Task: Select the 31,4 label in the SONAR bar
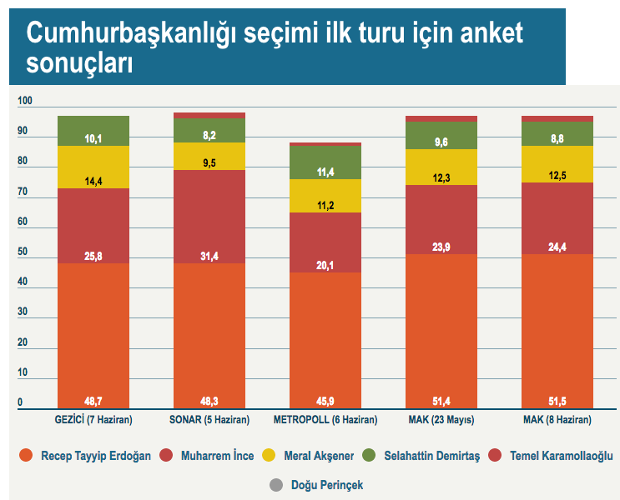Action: pyautogui.click(x=209, y=255)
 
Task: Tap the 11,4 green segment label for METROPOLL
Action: pyautogui.click(x=325, y=172)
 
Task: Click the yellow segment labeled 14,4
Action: pyautogui.click(x=93, y=180)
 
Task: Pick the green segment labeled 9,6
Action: pyautogui.click(x=441, y=142)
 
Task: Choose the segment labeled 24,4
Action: pyautogui.click(x=557, y=247)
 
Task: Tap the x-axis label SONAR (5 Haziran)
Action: pyautogui.click(x=209, y=419)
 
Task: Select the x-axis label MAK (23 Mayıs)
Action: pyautogui.click(x=441, y=419)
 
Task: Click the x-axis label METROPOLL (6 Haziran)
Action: pyautogui.click(x=325, y=419)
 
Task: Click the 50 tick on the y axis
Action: pyautogui.click(x=23, y=252)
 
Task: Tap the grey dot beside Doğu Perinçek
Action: pyautogui.click(x=276, y=484)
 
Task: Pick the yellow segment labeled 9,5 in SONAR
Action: pyautogui.click(x=209, y=163)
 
